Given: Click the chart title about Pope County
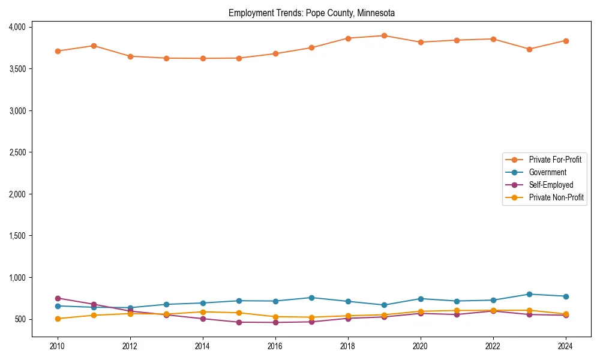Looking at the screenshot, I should [311, 13].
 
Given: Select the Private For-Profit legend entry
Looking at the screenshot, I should [551, 160].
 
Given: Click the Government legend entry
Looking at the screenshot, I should [547, 172].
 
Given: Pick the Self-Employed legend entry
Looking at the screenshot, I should [551, 185].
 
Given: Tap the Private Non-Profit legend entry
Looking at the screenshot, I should [556, 197].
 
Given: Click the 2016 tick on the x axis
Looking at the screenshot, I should [275, 346].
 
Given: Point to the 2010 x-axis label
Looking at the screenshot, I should [58, 346].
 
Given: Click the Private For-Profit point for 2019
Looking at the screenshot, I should [384, 35].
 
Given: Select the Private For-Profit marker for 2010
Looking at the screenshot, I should [58, 51].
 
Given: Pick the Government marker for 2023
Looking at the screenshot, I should [529, 294].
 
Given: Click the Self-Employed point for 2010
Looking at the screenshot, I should [58, 298].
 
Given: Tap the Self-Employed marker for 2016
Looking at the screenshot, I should [275, 322].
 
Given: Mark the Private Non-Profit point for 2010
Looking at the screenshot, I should [58, 319].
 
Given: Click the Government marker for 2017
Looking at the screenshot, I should [311, 298].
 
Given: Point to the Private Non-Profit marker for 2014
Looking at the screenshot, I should [203, 312].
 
